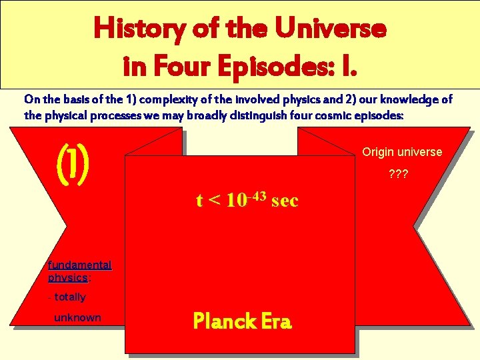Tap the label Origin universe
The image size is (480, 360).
click(x=402, y=152)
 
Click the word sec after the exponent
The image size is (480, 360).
click(x=285, y=200)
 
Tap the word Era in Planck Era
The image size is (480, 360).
click(x=276, y=322)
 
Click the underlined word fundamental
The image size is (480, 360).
click(x=79, y=265)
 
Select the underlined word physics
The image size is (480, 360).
click(x=67, y=277)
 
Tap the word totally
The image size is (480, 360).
click(x=69, y=297)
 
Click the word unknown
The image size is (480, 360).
click(x=77, y=317)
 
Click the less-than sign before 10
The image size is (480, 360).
click(x=215, y=200)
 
